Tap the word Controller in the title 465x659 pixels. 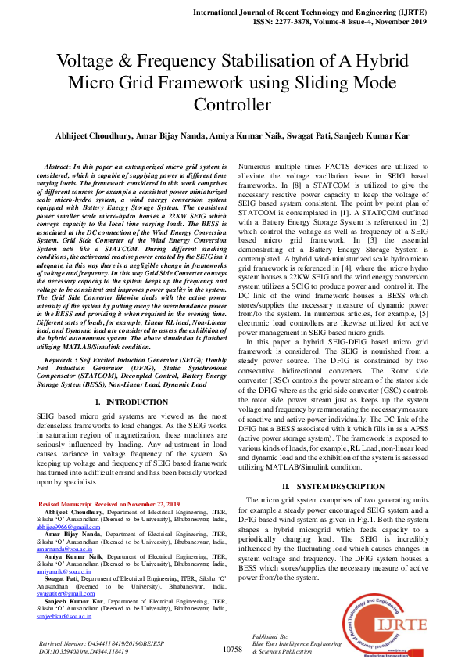click(x=232, y=105)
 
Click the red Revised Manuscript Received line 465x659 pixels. click(x=109, y=503)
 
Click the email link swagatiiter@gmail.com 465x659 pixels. click(x=69, y=594)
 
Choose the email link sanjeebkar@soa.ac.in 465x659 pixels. click(x=66, y=617)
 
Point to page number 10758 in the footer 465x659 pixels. click(x=232, y=649)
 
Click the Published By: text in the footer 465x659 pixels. click(x=270, y=636)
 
